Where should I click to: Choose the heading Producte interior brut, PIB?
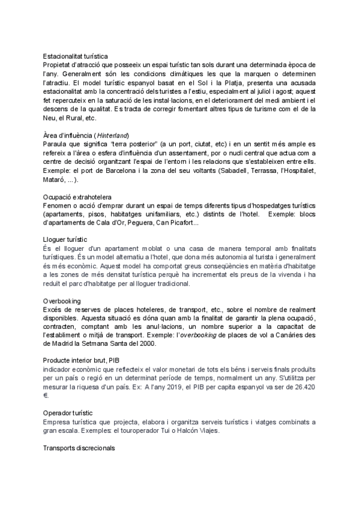[82, 360]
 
